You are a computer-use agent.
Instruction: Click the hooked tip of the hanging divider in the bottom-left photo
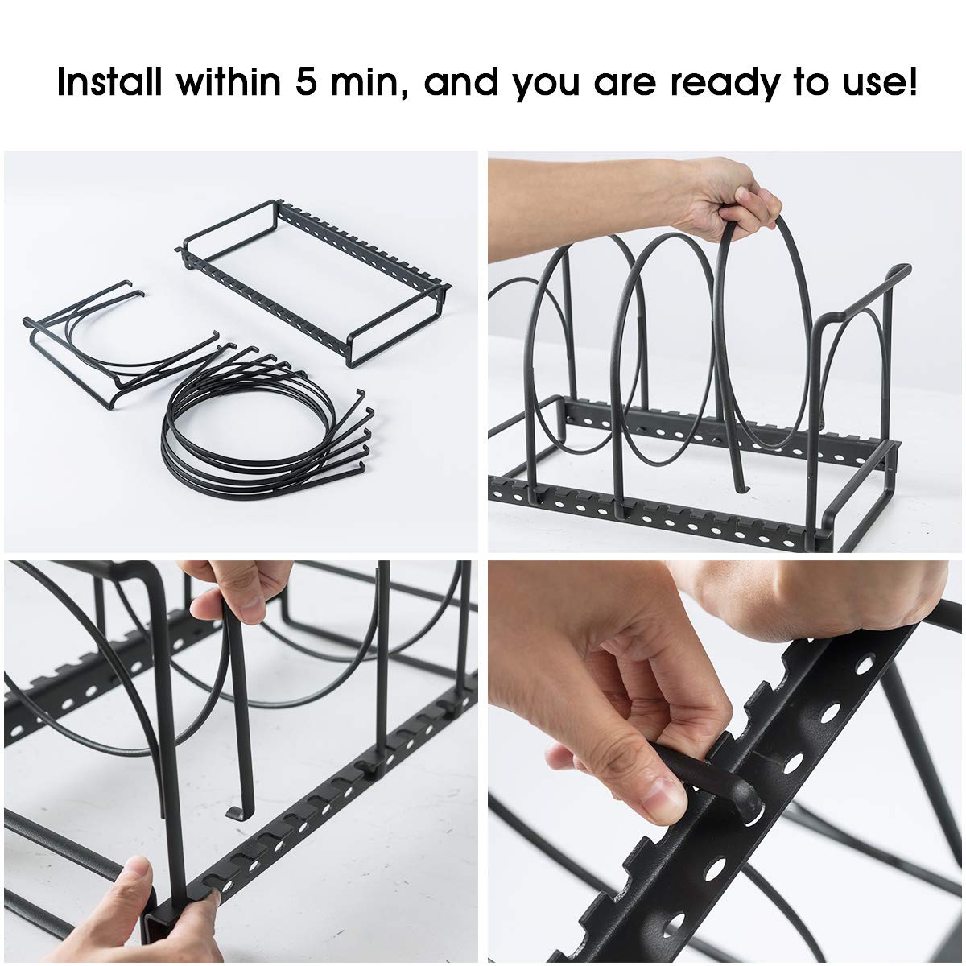(x=236, y=813)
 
